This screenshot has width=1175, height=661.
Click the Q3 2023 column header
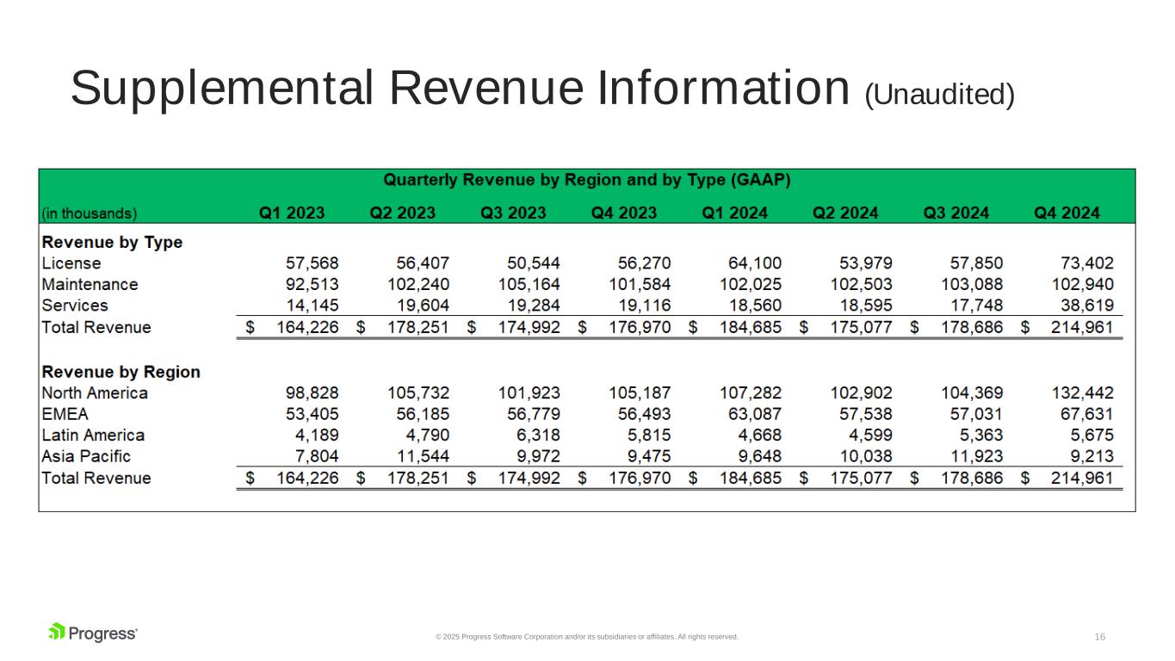513,213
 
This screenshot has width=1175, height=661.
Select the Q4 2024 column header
1067,213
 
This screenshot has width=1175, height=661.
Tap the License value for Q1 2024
754,263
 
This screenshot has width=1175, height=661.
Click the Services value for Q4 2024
1087,306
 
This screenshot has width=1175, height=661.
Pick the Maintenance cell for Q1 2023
312,284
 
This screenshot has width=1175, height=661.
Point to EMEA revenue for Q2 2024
865,415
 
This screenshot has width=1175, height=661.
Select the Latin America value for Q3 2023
538,436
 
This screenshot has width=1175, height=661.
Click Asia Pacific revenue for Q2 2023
423,456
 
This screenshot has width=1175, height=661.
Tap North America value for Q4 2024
1082,393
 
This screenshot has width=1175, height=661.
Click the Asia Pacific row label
86,456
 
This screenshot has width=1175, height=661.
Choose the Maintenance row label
90,284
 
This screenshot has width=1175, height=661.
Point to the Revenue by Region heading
121,372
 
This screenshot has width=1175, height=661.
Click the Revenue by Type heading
112,243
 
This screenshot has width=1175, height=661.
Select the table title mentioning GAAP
586,180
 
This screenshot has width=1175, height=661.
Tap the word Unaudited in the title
939,95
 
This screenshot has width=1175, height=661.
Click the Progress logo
93,633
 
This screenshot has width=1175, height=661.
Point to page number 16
1099,637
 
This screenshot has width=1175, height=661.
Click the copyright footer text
586,637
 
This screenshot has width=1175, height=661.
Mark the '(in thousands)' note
90,213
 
